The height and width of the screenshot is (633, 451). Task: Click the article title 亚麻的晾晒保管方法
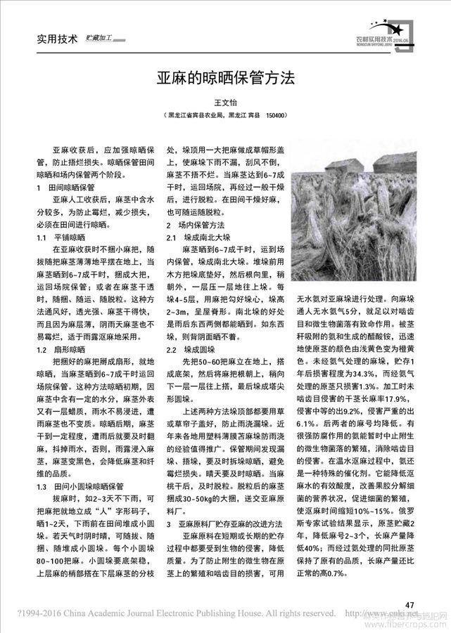(x=225, y=77)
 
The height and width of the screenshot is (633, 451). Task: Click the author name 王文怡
(x=225, y=103)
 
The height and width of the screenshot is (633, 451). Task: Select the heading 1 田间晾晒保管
(x=65, y=188)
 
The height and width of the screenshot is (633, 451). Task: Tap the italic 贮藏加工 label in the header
(x=99, y=38)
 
